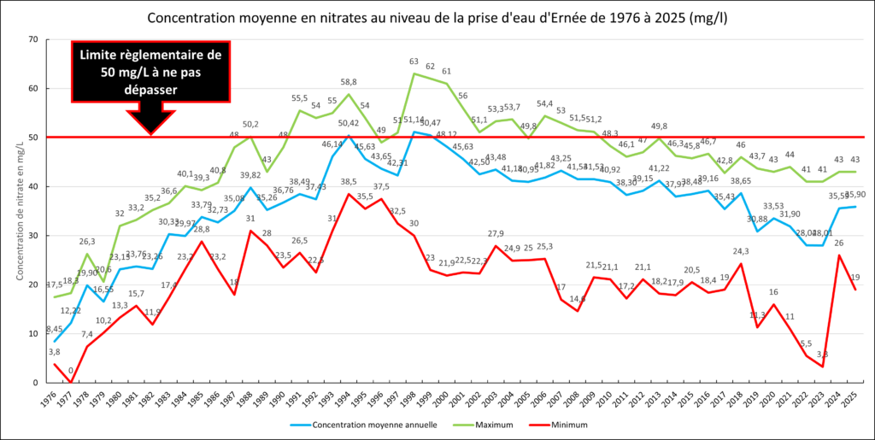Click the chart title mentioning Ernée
coord(437,17)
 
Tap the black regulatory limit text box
coord(150,71)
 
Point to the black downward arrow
coord(150,119)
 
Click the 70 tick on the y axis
coord(33,39)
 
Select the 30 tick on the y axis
coord(33,236)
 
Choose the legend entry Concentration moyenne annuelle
coord(363,424)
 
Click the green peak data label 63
coord(414,62)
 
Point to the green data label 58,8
coord(349,82)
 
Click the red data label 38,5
coord(349,182)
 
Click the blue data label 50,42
coord(349,124)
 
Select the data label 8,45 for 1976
coord(54,329)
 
